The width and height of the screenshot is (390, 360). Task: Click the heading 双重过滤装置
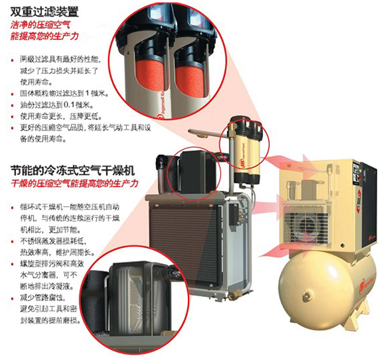pyautogui.click(x=44, y=11)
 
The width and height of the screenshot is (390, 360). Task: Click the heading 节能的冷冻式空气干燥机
pyautogui.click(x=73, y=170)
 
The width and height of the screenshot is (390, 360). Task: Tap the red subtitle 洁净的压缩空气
pyautogui.click(x=40, y=25)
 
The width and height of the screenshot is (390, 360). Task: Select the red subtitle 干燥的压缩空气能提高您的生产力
pyautogui.click(x=74, y=184)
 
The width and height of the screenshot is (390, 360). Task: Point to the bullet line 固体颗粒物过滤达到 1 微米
pyautogui.click(x=64, y=94)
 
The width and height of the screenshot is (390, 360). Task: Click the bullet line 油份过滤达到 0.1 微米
pyautogui.click(x=57, y=105)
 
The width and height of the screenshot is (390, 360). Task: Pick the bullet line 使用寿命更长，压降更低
pyautogui.click(x=61, y=116)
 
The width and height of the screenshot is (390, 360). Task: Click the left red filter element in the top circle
pyautogui.click(x=149, y=74)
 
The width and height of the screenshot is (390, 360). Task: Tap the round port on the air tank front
pyautogui.click(x=307, y=296)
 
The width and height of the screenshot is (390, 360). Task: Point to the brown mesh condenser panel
pyautogui.click(x=184, y=245)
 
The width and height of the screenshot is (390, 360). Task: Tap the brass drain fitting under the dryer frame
pyautogui.click(x=233, y=295)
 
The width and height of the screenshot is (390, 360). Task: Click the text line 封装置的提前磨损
pyautogui.click(x=50, y=320)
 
